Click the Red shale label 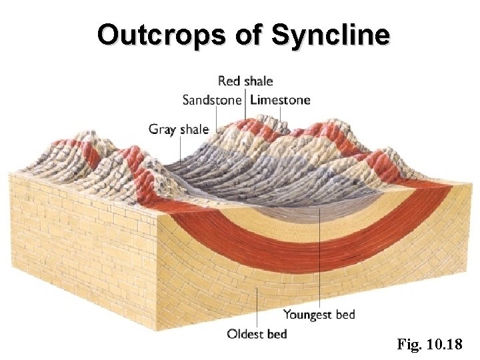coord(245,81)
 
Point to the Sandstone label coord(212,101)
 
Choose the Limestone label coord(280,101)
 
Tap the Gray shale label coord(178,129)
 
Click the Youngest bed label coord(319,314)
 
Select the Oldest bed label coord(257,333)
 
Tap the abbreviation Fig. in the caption coord(409,345)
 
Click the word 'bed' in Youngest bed coord(344,314)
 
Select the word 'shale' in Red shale coord(258,81)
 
